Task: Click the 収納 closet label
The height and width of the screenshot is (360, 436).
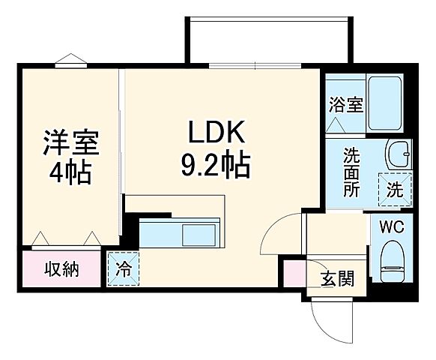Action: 61,268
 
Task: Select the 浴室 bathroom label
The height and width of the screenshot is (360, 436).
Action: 345,103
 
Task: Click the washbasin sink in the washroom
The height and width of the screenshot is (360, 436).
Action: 398,154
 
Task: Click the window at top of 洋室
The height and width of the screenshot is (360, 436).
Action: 68,63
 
